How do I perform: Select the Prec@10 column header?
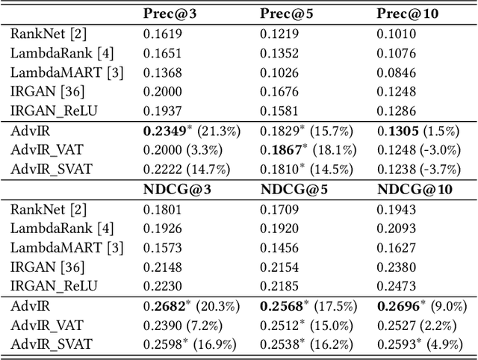[406, 14]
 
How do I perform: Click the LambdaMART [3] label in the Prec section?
[67, 72]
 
